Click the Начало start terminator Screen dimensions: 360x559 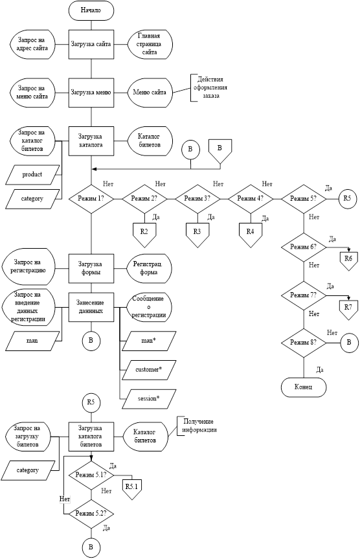click(91, 10)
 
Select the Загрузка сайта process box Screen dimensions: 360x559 click(91, 45)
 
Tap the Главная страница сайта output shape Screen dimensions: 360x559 click(150, 44)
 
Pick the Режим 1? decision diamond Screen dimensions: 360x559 click(91, 199)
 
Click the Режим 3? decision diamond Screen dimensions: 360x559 click(197, 199)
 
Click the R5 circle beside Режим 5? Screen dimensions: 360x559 click(348, 199)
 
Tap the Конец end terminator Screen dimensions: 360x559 click(304, 387)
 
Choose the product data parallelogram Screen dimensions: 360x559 click(32, 175)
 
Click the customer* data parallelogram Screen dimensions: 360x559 click(149, 370)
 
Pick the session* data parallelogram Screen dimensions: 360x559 click(149, 399)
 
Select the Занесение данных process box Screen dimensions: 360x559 click(91, 307)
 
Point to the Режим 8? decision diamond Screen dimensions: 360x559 click(304, 343)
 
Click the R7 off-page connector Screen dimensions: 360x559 click(348, 307)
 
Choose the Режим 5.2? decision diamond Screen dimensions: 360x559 click(91, 514)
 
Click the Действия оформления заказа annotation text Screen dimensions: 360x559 click(210, 88)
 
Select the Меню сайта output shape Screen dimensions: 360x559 click(150, 93)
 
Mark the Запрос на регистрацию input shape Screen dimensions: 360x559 click(28, 267)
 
